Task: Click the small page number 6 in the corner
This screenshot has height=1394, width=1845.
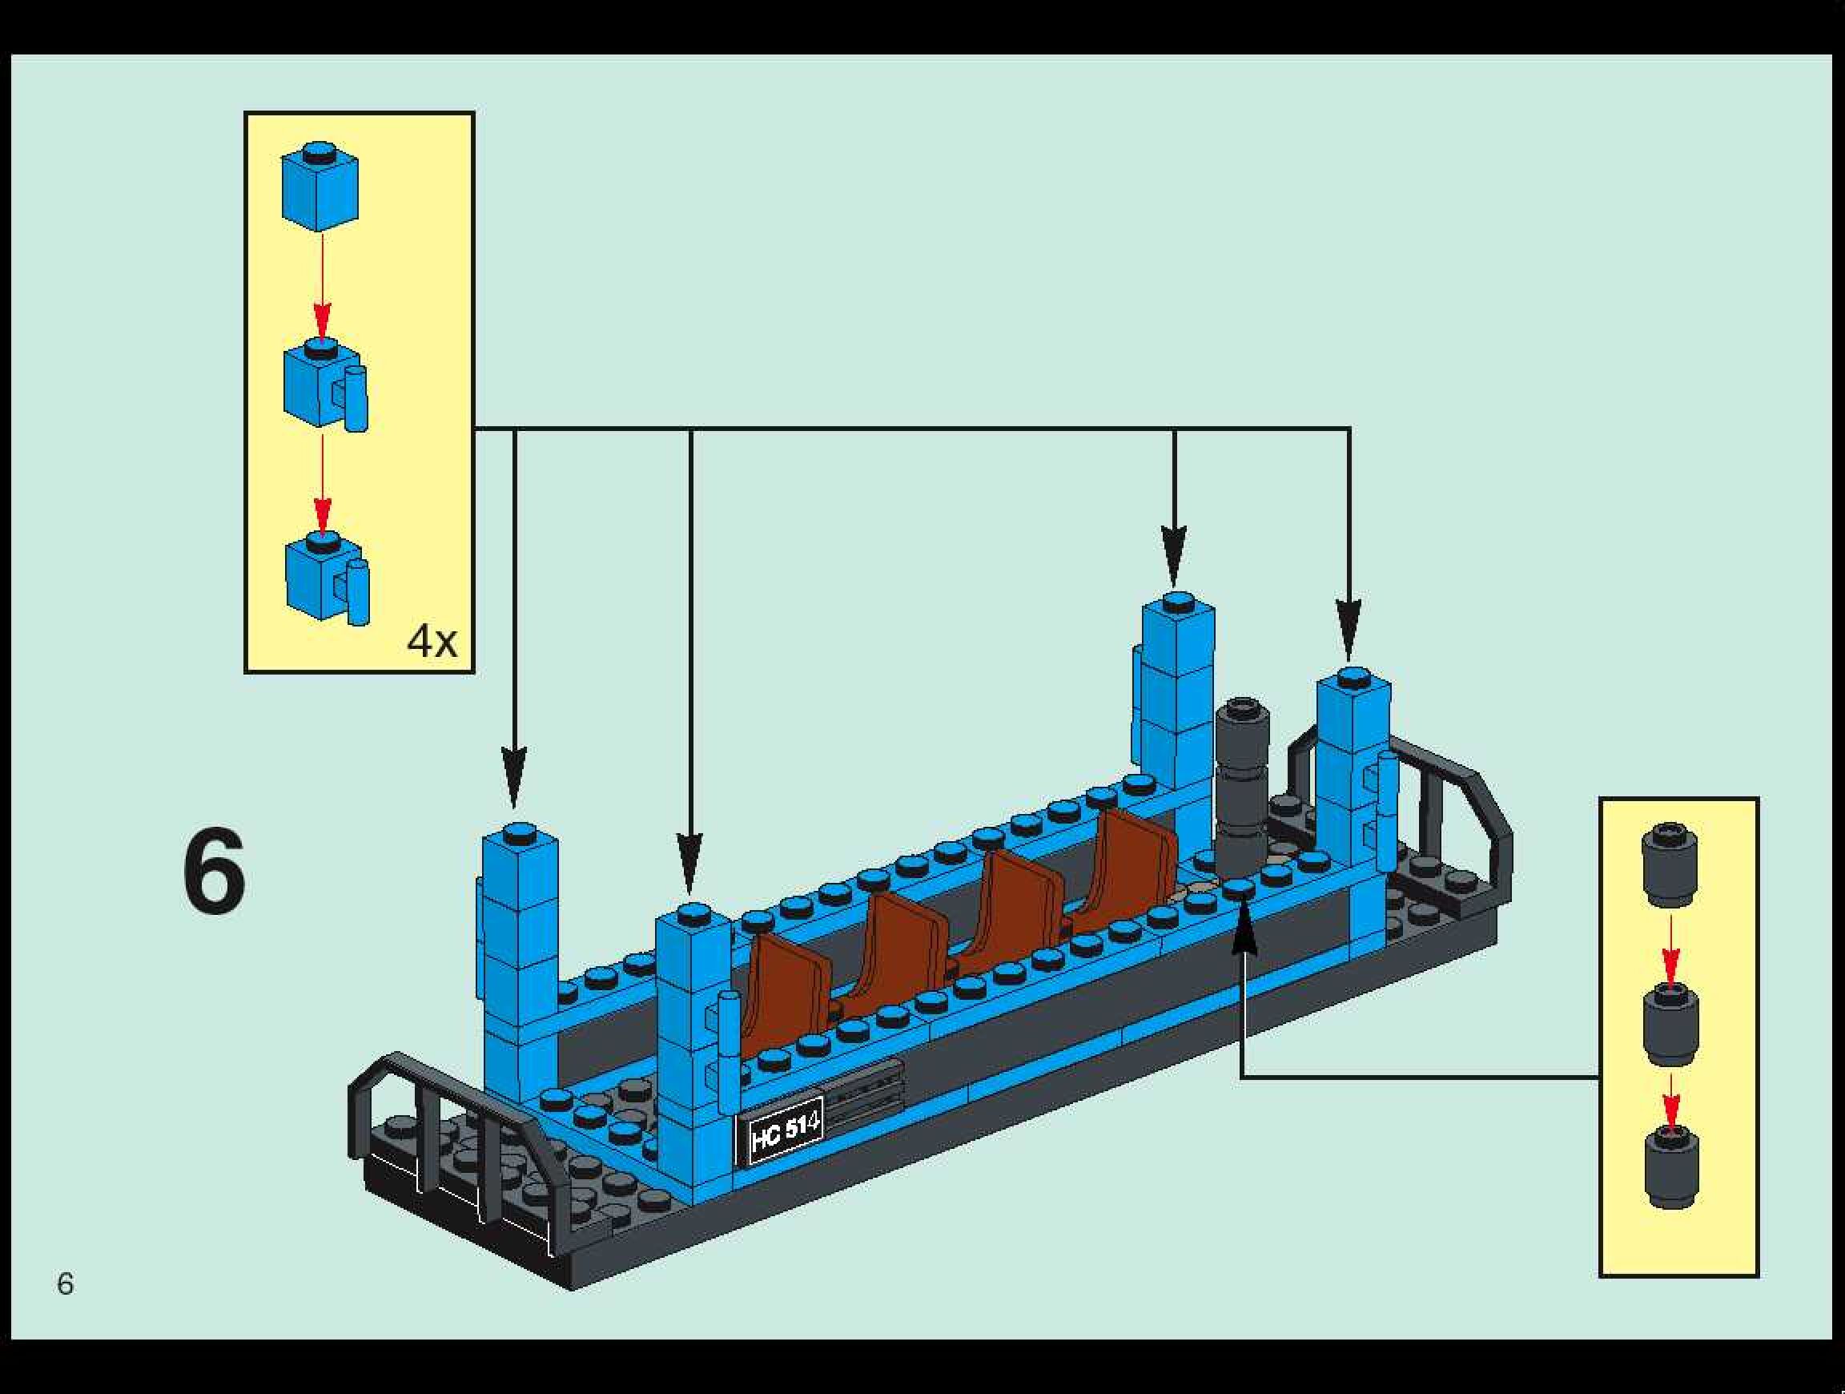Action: tap(65, 1284)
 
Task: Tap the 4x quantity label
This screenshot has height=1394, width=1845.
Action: tap(432, 642)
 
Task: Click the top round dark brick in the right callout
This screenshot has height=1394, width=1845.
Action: tap(1669, 864)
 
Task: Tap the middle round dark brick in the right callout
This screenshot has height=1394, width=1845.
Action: tap(1670, 1024)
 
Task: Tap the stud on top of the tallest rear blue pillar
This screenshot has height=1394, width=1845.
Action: tap(1178, 599)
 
